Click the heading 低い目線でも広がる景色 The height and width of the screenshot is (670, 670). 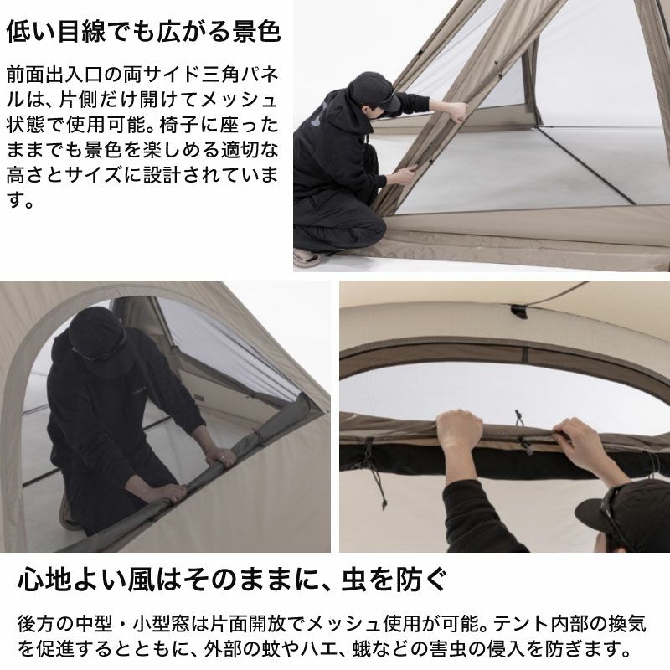click(x=143, y=32)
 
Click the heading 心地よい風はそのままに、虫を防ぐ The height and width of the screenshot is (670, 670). click(x=232, y=580)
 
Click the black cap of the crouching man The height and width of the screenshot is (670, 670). click(x=374, y=90)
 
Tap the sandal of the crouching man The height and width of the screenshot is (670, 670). click(x=307, y=258)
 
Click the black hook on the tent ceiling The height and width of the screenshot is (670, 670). click(x=519, y=311)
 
